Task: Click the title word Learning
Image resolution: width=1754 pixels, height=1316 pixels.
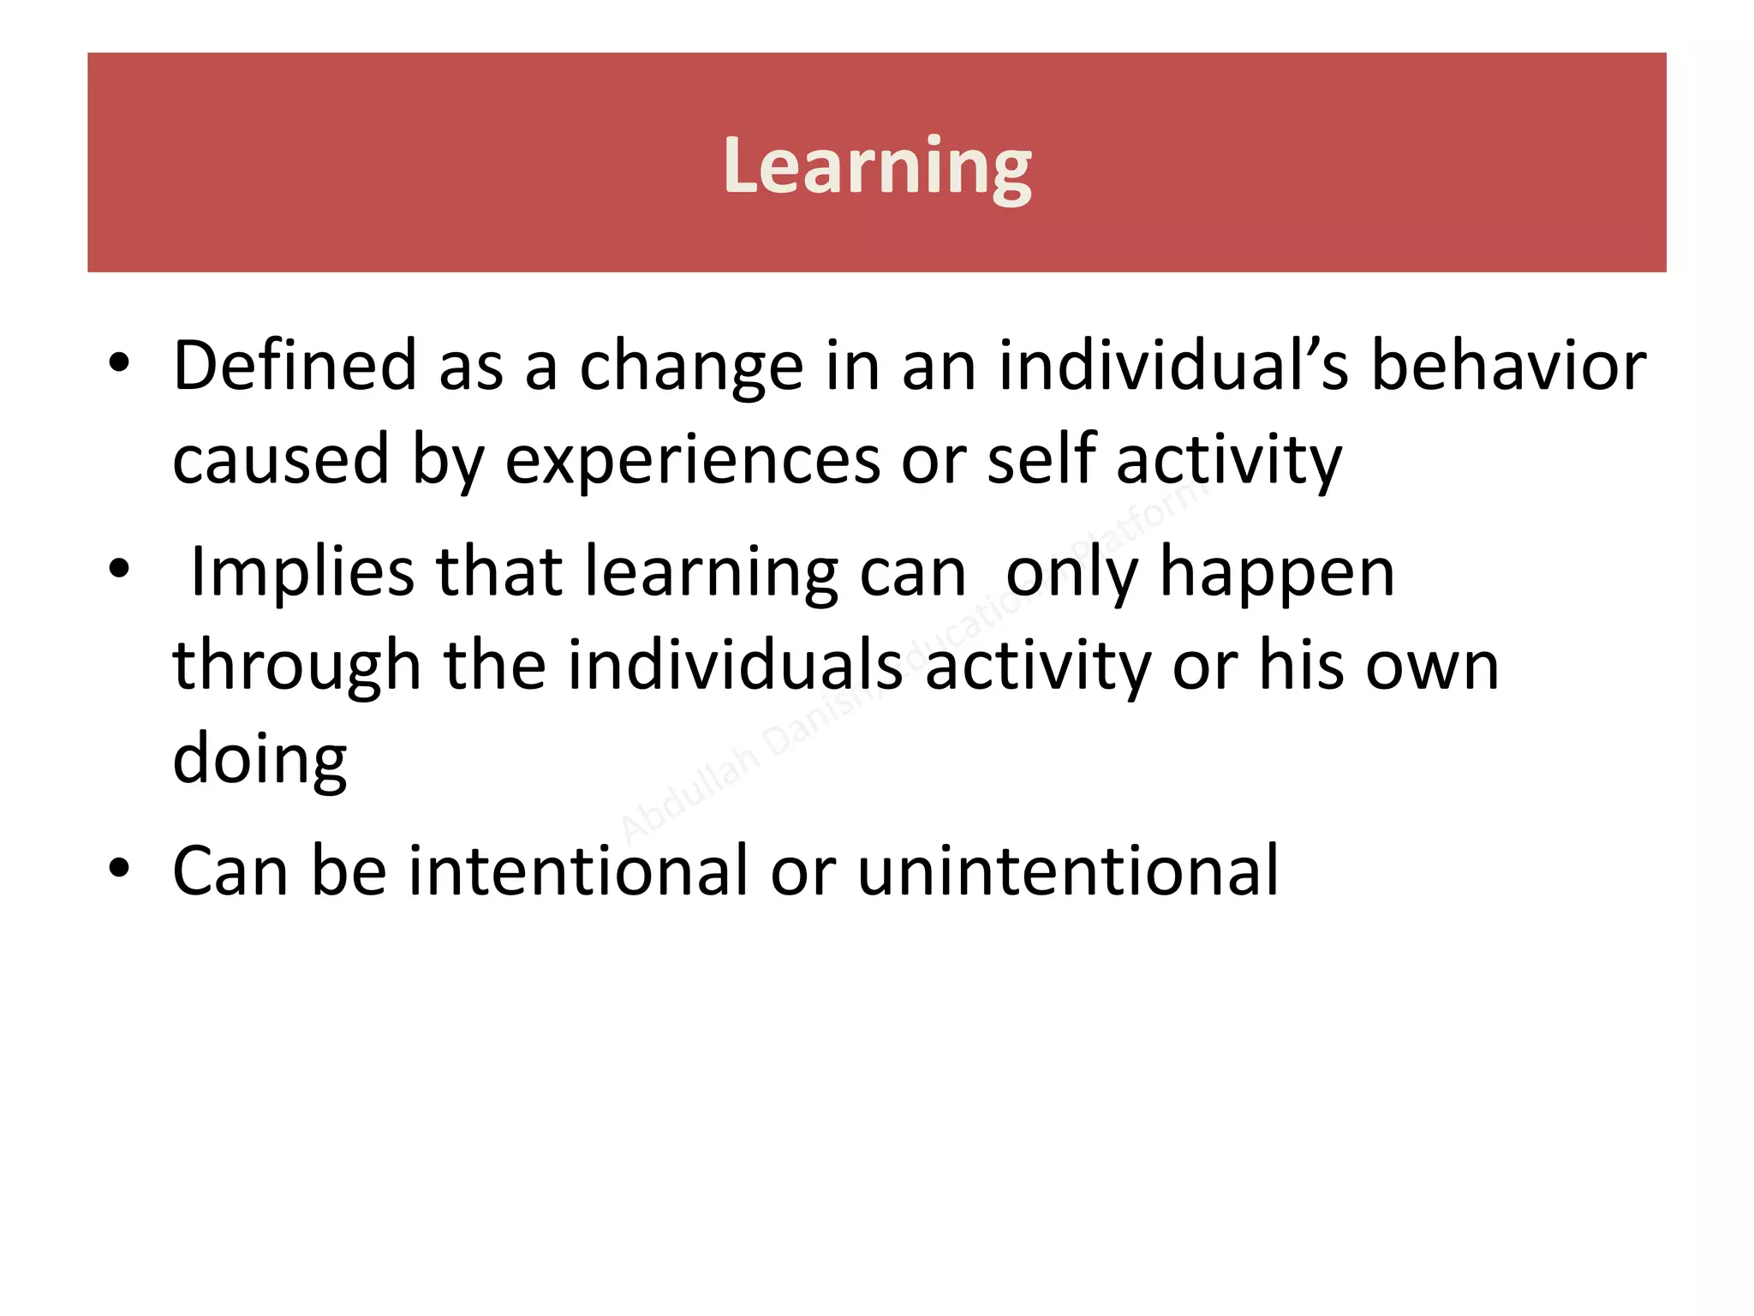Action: [877, 166]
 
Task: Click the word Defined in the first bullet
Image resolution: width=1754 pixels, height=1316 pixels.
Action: [295, 366]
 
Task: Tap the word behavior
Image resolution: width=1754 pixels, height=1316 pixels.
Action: [1508, 366]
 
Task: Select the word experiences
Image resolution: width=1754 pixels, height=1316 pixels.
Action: [692, 461]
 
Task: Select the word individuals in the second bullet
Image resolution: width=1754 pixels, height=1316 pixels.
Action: [735, 666]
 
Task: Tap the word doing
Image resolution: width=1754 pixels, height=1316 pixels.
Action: [260, 761]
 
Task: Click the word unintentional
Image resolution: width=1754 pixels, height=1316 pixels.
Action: [1068, 870]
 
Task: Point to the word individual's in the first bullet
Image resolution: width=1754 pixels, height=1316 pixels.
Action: [1172, 366]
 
